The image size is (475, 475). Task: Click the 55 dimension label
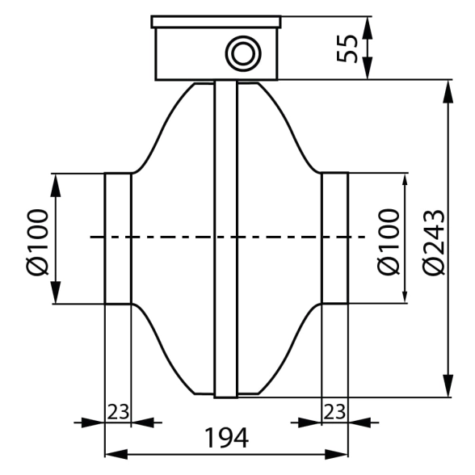click(x=347, y=48)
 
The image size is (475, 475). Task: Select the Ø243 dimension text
click(x=434, y=242)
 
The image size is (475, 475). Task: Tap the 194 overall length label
click(x=227, y=438)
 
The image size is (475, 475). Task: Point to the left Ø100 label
click(x=37, y=242)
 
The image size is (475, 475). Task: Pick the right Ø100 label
click(x=389, y=242)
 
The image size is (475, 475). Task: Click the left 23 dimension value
click(x=118, y=412)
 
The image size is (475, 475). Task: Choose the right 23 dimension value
click(x=334, y=412)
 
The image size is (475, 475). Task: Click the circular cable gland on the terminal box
click(x=243, y=54)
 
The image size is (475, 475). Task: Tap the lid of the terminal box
click(x=216, y=22)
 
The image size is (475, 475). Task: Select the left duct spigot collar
click(x=118, y=238)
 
